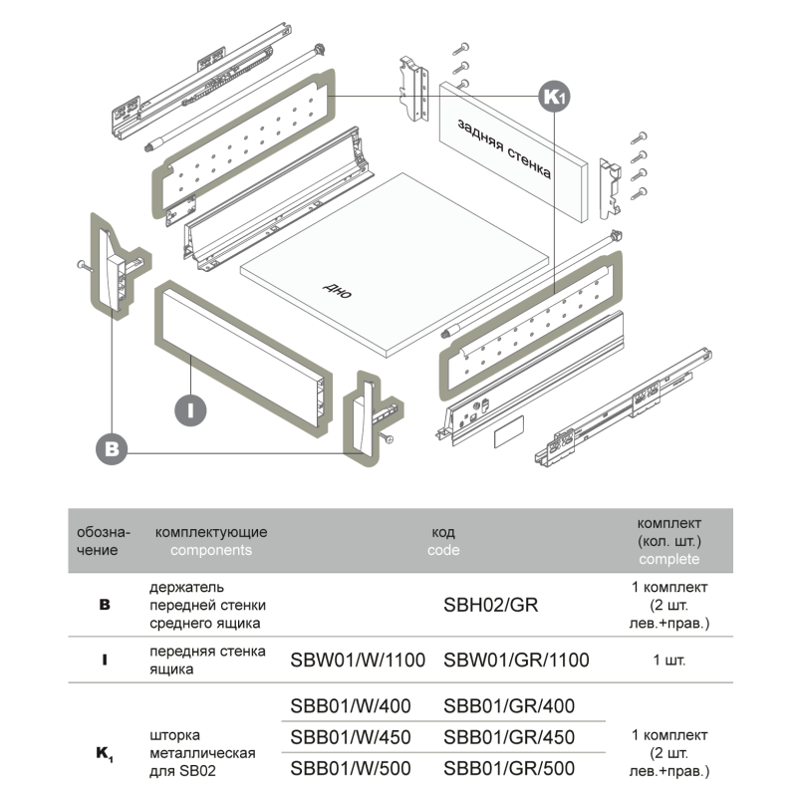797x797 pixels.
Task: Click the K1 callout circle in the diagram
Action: [554, 96]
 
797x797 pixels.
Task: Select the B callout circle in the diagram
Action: [113, 448]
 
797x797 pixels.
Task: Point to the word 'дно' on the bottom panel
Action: [339, 290]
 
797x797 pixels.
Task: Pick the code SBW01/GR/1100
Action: [516, 660]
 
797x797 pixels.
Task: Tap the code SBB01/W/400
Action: [350, 706]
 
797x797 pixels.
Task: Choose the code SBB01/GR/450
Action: [509, 737]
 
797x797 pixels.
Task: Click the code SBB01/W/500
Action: [350, 768]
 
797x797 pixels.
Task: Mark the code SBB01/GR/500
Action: [509, 768]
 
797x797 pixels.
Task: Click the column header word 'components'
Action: [211, 550]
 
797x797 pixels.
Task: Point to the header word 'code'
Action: [443, 550]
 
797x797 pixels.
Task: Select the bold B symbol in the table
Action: [105, 605]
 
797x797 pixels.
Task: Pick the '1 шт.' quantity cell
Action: [669, 660]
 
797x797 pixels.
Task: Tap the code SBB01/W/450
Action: [350, 737]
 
